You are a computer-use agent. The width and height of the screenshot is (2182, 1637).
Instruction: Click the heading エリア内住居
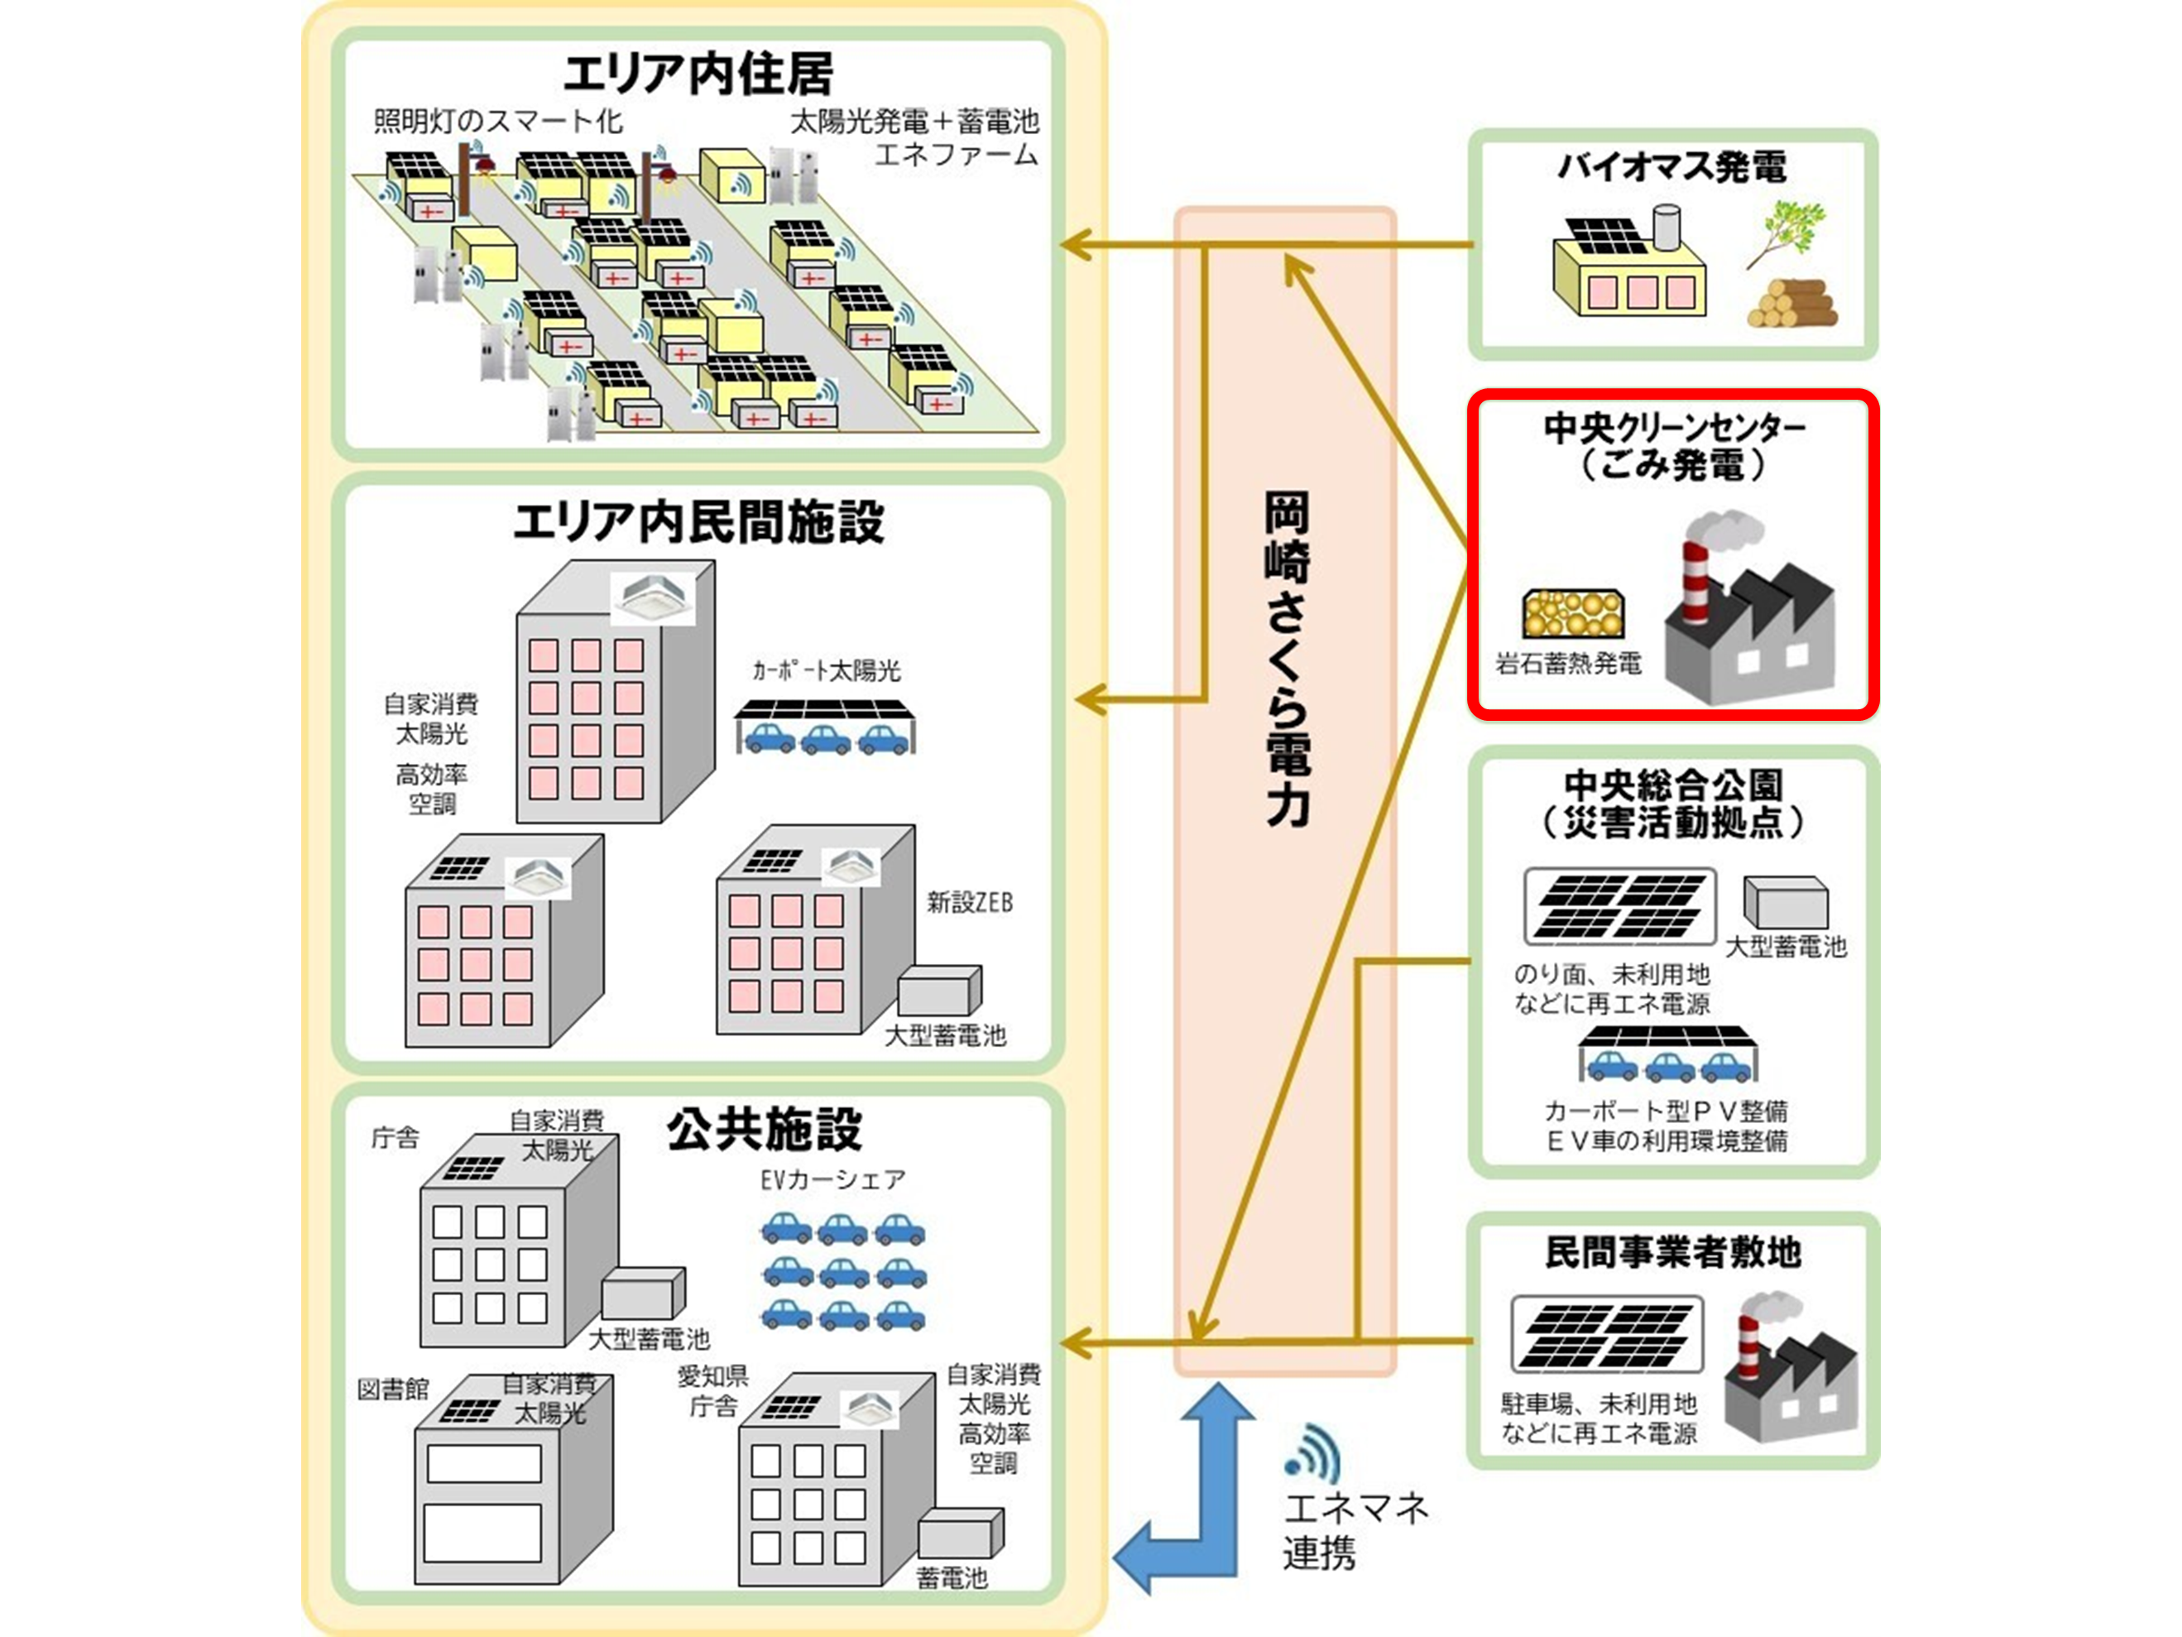click(x=698, y=73)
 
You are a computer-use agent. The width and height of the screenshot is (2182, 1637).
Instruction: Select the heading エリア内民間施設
click(x=698, y=522)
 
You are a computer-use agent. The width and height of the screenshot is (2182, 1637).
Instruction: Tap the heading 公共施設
click(x=764, y=1129)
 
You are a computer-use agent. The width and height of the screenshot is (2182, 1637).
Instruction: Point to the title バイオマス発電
click(x=1672, y=166)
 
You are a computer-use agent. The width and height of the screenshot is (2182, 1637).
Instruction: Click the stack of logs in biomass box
click(x=1791, y=304)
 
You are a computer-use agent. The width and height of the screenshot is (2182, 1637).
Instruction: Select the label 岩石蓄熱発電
click(x=1568, y=663)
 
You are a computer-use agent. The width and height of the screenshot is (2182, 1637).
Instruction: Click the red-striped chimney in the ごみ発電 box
click(x=1695, y=582)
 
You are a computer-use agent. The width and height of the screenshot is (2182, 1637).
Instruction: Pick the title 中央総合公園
click(x=1673, y=785)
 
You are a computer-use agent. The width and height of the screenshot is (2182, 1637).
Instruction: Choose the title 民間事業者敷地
click(x=1673, y=1252)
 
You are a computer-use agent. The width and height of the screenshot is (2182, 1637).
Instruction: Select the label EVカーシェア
click(x=832, y=1179)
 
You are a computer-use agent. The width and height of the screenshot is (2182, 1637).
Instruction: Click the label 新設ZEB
click(x=969, y=902)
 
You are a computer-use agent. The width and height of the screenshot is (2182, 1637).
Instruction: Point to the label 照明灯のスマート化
click(x=498, y=122)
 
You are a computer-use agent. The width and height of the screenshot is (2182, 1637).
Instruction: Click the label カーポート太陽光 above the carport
click(x=827, y=671)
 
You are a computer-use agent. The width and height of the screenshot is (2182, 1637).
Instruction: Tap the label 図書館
click(x=392, y=1390)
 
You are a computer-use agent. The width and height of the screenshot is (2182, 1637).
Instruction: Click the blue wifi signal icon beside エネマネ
click(x=1314, y=1452)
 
